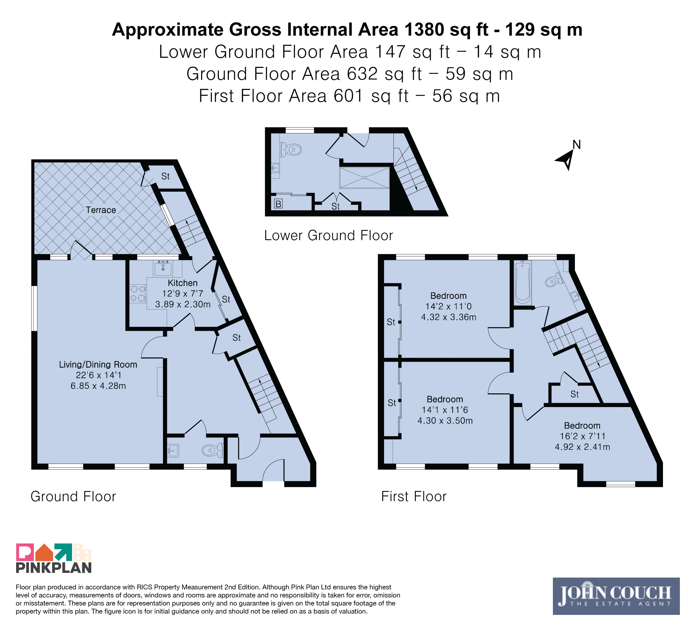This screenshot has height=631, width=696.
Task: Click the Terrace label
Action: click(x=101, y=210)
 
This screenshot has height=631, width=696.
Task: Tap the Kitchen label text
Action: click(x=183, y=283)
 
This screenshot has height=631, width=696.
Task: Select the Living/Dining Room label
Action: click(x=98, y=365)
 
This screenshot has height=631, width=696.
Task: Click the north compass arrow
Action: click(x=565, y=159)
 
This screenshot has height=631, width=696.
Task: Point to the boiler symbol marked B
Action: click(x=278, y=204)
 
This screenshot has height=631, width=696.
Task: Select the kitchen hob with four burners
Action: click(x=138, y=294)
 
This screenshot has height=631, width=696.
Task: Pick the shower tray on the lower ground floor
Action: click(x=365, y=178)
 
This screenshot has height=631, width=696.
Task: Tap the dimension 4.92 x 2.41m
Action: click(x=582, y=447)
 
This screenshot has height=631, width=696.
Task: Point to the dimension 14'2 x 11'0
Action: click(x=448, y=306)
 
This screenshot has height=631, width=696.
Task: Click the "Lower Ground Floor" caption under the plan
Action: click(x=329, y=235)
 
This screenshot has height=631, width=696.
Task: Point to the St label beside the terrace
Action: click(x=165, y=176)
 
